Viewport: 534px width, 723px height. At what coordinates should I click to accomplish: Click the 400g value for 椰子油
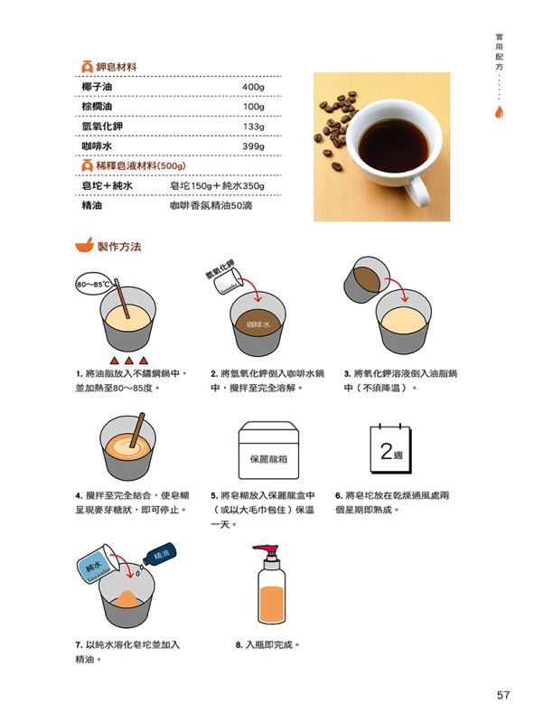click(253, 87)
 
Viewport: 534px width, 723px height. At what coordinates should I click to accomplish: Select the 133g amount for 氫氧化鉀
click(253, 127)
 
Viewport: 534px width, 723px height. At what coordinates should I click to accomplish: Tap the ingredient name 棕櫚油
click(97, 107)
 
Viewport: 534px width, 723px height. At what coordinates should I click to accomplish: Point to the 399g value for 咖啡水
click(253, 146)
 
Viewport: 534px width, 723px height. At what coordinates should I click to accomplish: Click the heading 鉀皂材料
click(117, 67)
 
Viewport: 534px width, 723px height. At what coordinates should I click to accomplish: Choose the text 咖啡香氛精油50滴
click(211, 206)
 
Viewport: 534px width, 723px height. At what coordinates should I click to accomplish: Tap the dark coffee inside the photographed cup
click(393, 146)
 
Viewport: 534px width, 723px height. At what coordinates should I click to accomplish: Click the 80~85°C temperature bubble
click(93, 284)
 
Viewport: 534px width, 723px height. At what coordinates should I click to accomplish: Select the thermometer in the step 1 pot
click(122, 299)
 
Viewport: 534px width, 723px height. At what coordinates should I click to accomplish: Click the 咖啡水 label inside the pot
click(258, 324)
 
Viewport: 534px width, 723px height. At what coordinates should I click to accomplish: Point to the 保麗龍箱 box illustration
click(268, 450)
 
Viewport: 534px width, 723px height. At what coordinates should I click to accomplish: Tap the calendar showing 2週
click(390, 448)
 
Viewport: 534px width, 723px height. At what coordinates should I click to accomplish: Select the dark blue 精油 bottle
click(160, 554)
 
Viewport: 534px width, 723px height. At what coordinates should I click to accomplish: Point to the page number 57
click(503, 694)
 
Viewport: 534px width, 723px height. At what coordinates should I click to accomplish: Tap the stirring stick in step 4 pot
click(137, 430)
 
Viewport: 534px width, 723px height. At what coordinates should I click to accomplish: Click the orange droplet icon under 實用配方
click(499, 112)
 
